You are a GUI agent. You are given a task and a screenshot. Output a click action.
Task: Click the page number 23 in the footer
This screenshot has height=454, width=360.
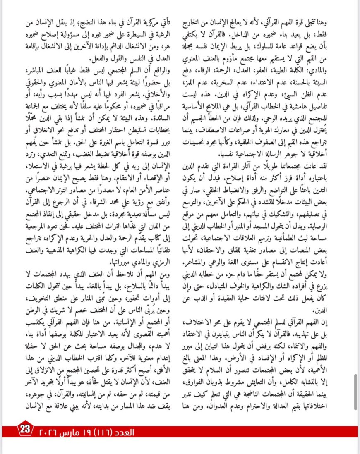point(25,428)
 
